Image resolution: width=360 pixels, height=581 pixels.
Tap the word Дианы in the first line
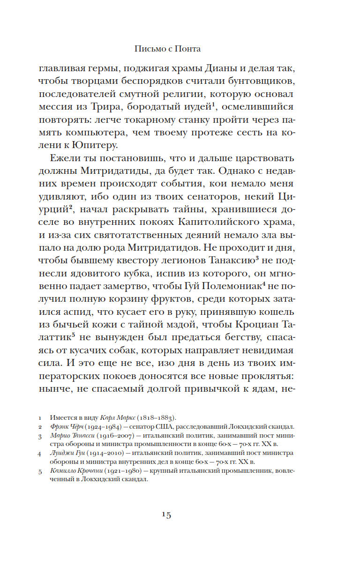click(220, 69)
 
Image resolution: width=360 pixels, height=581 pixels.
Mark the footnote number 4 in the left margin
click(40, 454)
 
